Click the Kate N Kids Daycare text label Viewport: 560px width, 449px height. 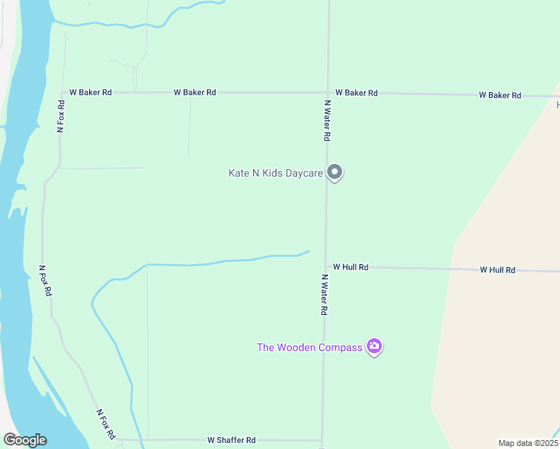276,173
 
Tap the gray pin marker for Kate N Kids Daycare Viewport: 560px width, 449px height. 335,172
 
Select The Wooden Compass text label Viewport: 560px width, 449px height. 309,347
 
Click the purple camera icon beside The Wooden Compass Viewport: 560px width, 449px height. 374,346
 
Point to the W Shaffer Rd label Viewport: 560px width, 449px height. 231,440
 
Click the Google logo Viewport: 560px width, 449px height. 25,440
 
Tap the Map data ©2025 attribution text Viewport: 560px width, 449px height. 528,443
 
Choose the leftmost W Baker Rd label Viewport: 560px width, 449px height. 91,92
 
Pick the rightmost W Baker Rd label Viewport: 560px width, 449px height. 500,95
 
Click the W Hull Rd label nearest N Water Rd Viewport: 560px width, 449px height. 350,266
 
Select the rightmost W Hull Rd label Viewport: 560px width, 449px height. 498,269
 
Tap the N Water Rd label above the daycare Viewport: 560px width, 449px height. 327,120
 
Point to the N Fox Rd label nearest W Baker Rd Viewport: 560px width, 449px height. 61,116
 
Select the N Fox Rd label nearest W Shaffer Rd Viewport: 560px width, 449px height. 106,424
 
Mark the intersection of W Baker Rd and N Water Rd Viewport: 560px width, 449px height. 328,93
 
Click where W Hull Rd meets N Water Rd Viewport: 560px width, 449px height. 325,266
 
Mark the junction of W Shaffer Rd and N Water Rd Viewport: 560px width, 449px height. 322,440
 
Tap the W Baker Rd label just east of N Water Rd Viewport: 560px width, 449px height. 356,93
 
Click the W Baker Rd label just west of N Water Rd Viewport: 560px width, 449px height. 195,92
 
